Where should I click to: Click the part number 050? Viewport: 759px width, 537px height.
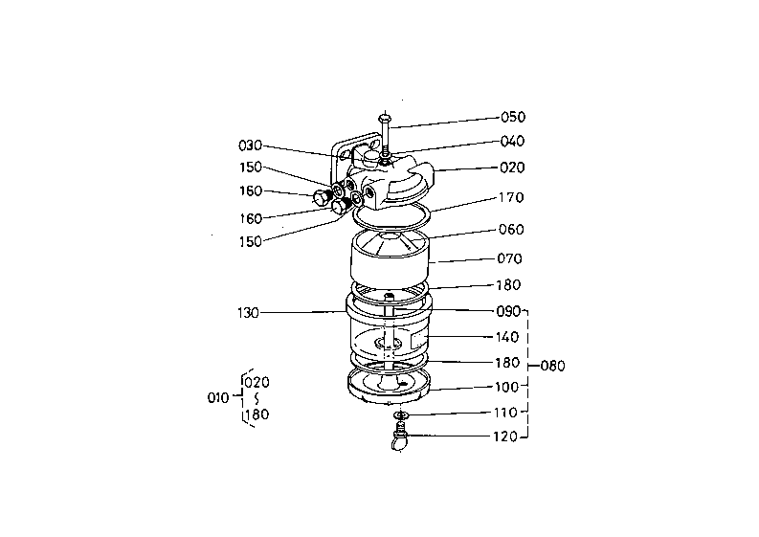coord(513,117)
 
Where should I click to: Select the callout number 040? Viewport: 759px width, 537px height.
coord(512,141)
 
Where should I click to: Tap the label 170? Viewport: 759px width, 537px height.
coord(511,197)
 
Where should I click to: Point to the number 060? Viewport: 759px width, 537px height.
coord(511,229)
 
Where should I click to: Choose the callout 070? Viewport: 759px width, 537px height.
coord(510,258)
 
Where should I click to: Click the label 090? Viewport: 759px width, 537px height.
coord(508,311)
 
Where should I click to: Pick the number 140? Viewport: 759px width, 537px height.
coord(507,337)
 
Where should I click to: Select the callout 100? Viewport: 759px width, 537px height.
coord(506,387)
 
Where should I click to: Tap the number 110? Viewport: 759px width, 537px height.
coord(505,413)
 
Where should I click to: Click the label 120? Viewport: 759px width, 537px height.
coord(505,436)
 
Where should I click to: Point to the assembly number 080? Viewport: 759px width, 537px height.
coord(553,366)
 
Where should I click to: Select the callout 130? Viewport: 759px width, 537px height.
coord(248,313)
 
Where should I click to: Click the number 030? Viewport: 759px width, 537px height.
coord(250,145)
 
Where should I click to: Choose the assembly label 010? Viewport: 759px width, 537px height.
coord(218,398)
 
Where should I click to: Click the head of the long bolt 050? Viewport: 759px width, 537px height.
coord(385,117)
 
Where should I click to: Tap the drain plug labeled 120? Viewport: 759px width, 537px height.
coord(399,437)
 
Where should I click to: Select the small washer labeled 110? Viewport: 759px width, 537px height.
coord(401,415)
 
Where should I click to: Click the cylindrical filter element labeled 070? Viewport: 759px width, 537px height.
coord(390,257)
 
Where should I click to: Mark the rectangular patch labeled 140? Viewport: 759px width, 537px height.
coord(419,340)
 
